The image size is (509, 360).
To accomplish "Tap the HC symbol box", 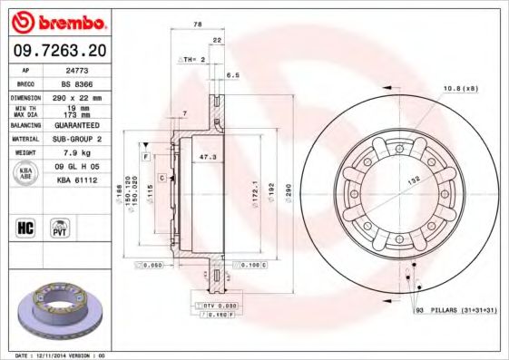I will (25, 228).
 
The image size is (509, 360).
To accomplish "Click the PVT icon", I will (61, 228).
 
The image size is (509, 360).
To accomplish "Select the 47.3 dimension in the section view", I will (208, 157).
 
